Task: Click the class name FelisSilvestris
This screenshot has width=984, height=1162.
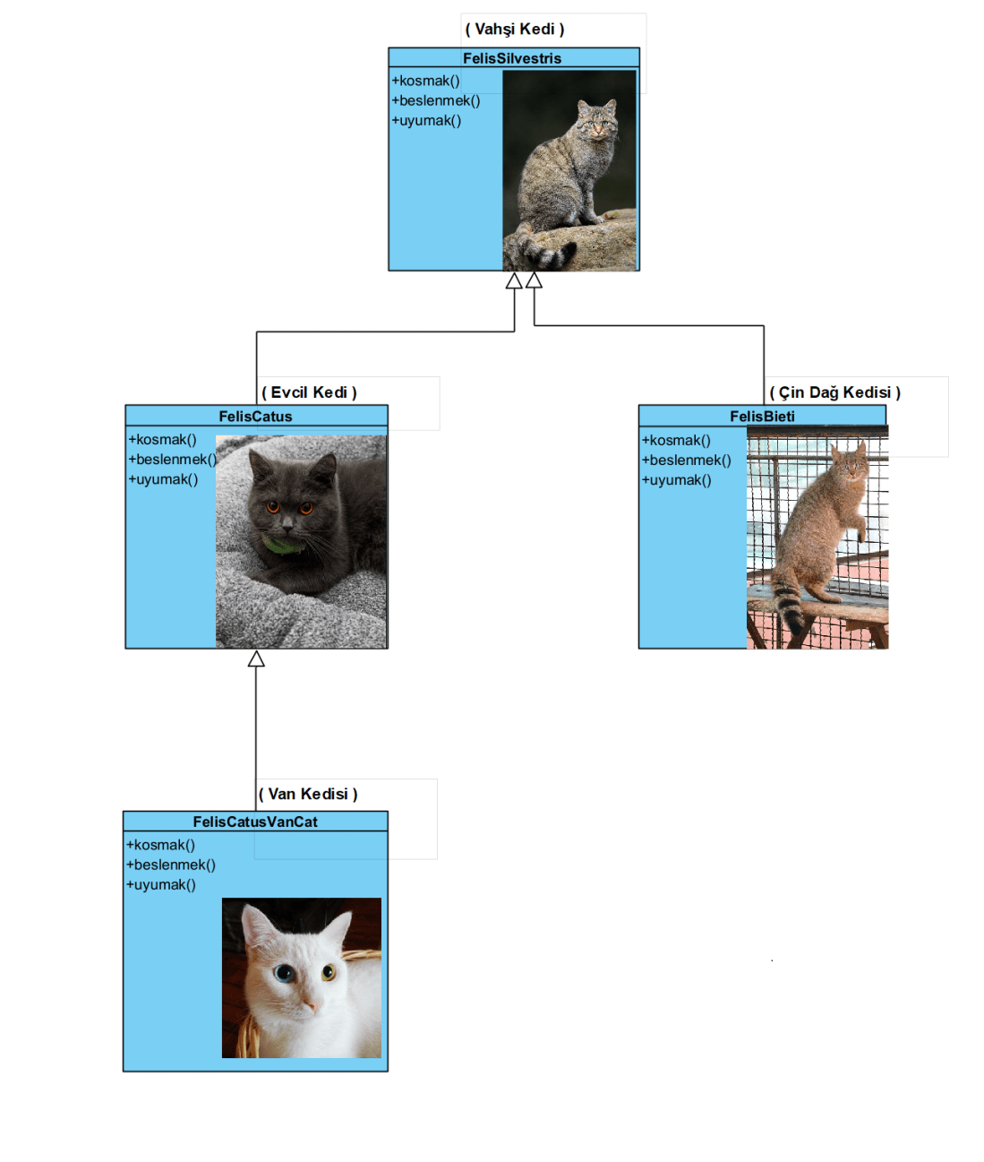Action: tap(512, 58)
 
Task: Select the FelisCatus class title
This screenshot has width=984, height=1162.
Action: tap(255, 417)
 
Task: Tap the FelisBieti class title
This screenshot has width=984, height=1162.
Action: tap(762, 417)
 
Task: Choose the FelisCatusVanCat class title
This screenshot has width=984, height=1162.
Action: tap(255, 822)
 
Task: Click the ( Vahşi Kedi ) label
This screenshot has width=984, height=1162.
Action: tap(515, 30)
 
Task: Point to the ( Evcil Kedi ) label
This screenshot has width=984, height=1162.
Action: tap(309, 392)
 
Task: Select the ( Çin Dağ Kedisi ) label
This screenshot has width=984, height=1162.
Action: tap(834, 392)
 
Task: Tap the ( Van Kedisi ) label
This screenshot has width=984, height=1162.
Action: tap(308, 794)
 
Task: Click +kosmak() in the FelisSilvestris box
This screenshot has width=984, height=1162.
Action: tap(426, 81)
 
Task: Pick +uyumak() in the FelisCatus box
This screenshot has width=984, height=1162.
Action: tap(163, 479)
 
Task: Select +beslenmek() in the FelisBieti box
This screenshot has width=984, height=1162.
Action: tap(686, 460)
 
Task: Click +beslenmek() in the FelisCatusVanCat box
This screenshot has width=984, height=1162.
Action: tap(171, 865)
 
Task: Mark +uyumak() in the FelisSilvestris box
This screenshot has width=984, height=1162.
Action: tap(426, 120)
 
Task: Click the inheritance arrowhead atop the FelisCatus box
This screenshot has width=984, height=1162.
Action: tap(256, 659)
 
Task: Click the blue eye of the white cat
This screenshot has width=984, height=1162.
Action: tap(284, 974)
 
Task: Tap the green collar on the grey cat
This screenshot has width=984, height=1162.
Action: tap(284, 545)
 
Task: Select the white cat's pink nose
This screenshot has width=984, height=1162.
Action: tap(309, 1007)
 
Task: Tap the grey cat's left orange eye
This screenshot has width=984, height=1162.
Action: tap(273, 507)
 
